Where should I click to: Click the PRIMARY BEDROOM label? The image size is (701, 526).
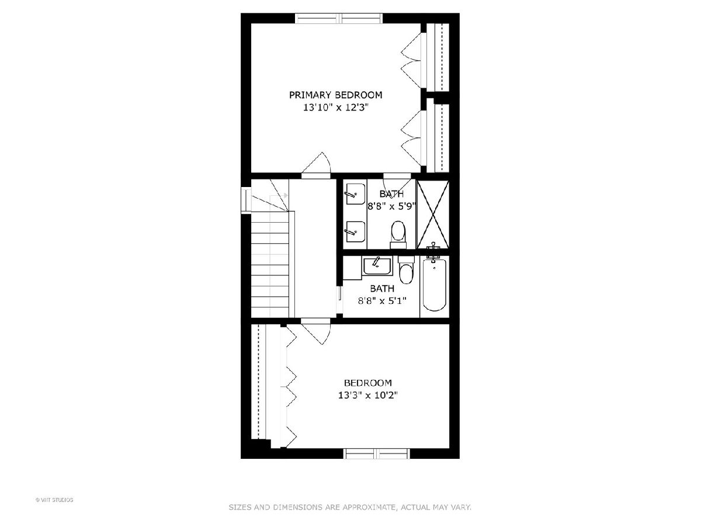[x=335, y=95]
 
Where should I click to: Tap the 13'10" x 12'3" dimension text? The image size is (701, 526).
[x=336, y=108]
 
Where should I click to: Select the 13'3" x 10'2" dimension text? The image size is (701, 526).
[x=368, y=396]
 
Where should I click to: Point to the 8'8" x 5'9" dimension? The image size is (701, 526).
[x=391, y=206]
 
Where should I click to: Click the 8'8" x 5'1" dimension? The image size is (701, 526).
[x=382, y=300]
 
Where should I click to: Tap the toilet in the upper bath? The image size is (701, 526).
[x=398, y=235]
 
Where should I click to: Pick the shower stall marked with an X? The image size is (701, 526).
[x=433, y=214]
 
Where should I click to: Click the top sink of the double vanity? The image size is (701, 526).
[x=355, y=194]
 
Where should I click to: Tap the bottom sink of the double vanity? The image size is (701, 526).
[x=355, y=231]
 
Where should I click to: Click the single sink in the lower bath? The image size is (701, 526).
[x=377, y=267]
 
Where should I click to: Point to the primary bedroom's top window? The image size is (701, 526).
[x=338, y=18]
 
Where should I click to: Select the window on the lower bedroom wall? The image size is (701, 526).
[x=377, y=454]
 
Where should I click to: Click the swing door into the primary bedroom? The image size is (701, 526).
[x=316, y=165]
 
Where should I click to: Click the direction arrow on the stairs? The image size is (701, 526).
[x=279, y=195]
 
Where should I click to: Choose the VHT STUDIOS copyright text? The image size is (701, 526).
[x=54, y=500]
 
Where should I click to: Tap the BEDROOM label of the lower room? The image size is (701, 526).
[x=368, y=383]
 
